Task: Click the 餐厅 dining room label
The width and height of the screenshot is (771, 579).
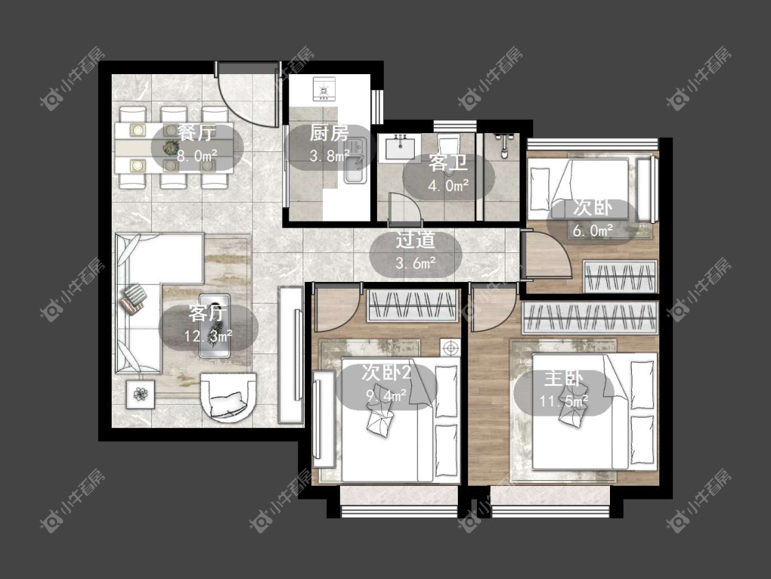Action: coord(197,132)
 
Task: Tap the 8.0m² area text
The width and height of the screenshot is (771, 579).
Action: coord(197,156)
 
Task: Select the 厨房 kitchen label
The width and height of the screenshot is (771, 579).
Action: coord(330,133)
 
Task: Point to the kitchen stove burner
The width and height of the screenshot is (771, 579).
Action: coord(323,89)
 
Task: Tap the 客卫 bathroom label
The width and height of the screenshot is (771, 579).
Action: coord(448,163)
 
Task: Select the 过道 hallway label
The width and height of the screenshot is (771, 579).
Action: coord(416,240)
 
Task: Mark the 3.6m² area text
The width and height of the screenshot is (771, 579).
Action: coord(416,263)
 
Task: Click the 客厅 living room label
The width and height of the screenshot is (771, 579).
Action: coord(208,313)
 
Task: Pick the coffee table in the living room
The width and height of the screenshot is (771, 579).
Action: coord(215,325)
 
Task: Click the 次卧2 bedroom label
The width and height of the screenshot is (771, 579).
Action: coord(386,373)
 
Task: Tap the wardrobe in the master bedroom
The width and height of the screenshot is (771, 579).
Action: coord(590,318)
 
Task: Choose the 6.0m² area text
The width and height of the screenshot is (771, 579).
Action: coord(593,230)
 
